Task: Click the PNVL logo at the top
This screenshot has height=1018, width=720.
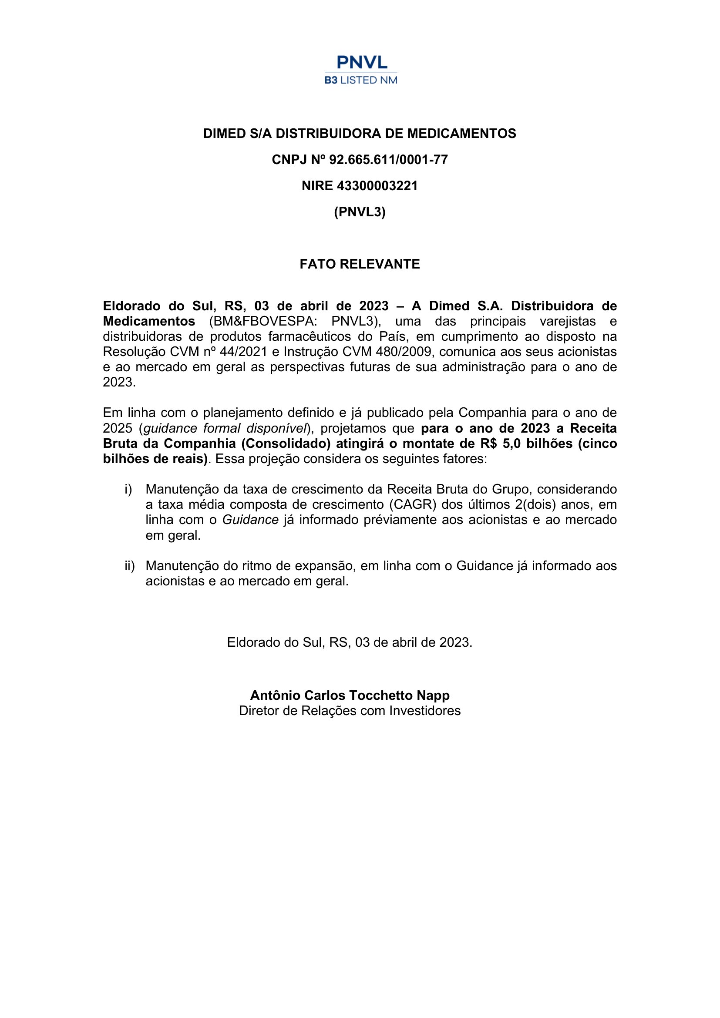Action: pos(362,62)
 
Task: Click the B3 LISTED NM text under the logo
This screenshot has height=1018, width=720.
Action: pos(361,80)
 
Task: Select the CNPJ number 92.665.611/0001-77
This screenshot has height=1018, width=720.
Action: pos(388,160)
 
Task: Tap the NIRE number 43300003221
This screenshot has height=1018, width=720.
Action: pos(377,186)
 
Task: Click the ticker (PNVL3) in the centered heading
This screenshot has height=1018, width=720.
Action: pos(360,212)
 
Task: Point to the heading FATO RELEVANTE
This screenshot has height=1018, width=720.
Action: pos(360,264)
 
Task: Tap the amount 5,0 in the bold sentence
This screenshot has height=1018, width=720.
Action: pos(511,444)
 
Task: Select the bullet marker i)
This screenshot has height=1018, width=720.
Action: pos(128,490)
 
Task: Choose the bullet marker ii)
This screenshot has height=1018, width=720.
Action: pos(129,566)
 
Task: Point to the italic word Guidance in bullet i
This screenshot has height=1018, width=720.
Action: pos(250,520)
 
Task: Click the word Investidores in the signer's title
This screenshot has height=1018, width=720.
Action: pos(425,711)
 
